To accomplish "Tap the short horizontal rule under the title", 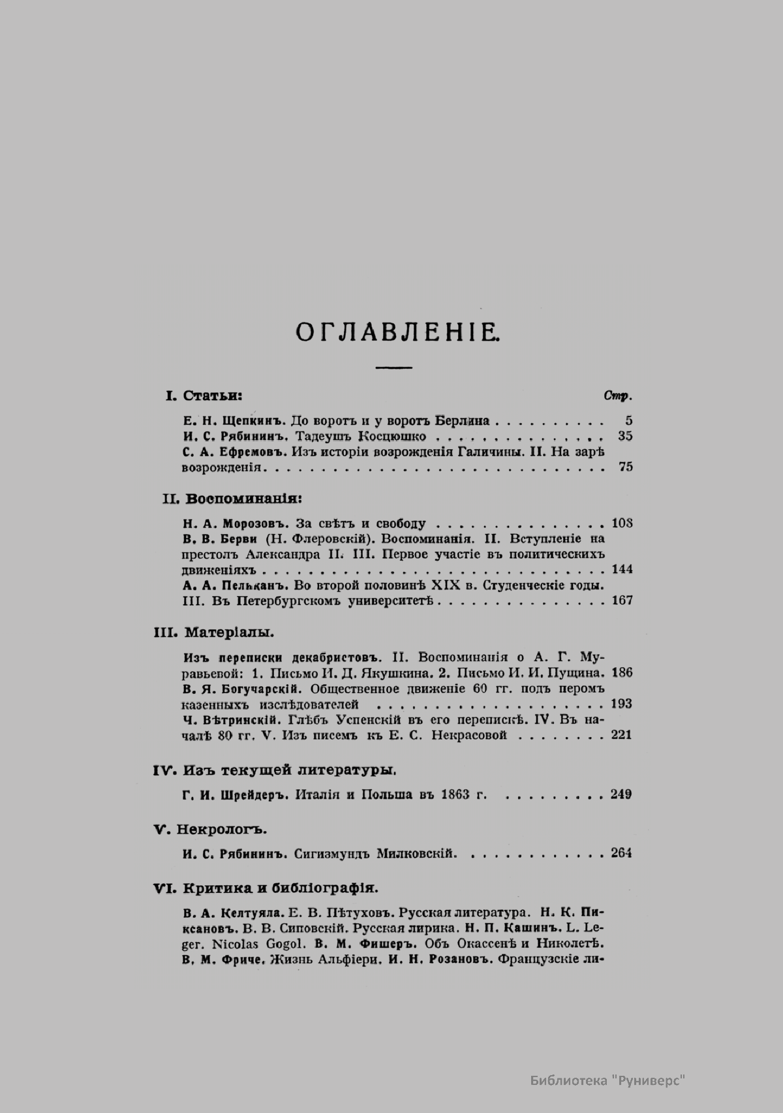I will tap(393, 368).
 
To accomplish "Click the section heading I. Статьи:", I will tap(204, 396).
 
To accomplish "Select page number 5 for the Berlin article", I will tap(628, 421).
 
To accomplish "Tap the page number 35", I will tap(625, 436).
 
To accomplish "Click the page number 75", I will tap(625, 467).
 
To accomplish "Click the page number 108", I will tap(622, 523).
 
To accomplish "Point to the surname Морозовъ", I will tap(255, 523).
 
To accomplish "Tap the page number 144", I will tap(622, 569).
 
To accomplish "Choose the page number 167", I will tap(622, 600).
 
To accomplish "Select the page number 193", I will tap(622, 704).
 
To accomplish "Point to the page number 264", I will tap(622, 853).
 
